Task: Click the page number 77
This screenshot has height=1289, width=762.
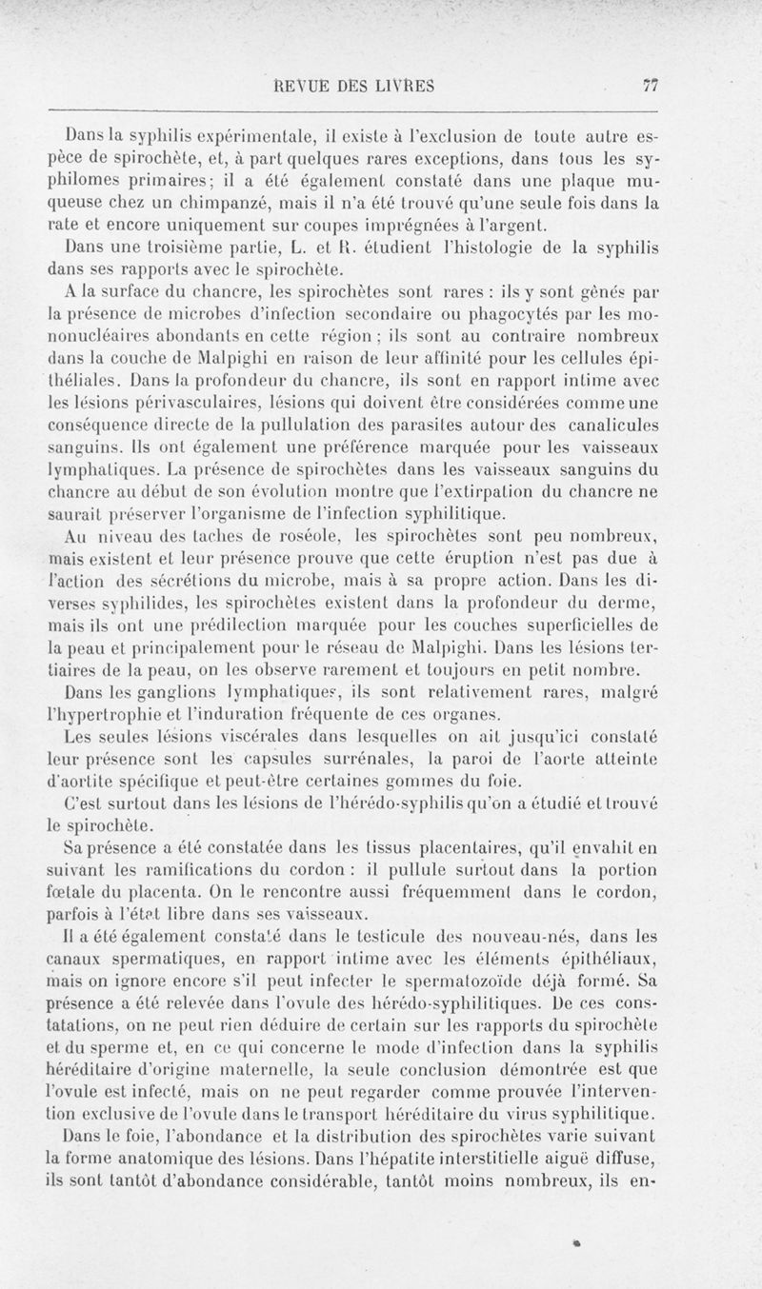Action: point(652,84)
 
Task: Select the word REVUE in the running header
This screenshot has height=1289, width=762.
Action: point(302,85)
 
